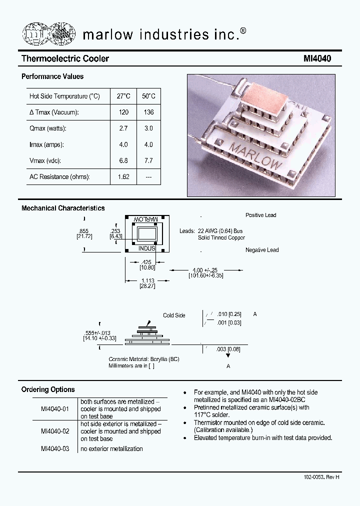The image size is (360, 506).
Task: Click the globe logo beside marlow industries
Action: pyautogui.click(x=48, y=33)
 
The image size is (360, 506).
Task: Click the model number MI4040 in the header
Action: pyautogui.click(x=317, y=58)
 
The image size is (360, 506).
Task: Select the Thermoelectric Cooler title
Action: pyautogui.click(x=65, y=58)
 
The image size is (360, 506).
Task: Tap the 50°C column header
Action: pyautogui.click(x=148, y=96)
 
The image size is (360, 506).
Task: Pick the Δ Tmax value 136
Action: pyautogui.click(x=148, y=112)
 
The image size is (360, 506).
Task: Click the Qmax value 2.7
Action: pyautogui.click(x=123, y=128)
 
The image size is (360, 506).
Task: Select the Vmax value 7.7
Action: pyautogui.click(x=148, y=160)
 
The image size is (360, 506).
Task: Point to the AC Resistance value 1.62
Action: pyautogui.click(x=123, y=177)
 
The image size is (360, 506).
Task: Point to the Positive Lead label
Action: pyautogui.click(x=260, y=215)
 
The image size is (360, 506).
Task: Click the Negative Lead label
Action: pyautogui.click(x=262, y=249)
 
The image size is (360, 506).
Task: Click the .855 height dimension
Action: pyautogui.click(x=83, y=230)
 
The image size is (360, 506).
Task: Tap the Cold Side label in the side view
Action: pyautogui.click(x=174, y=315)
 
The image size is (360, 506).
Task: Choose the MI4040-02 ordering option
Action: pyautogui.click(x=55, y=431)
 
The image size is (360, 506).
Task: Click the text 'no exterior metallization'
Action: pyautogui.click(x=111, y=448)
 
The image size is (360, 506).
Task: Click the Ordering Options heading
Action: pyautogui.click(x=48, y=389)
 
